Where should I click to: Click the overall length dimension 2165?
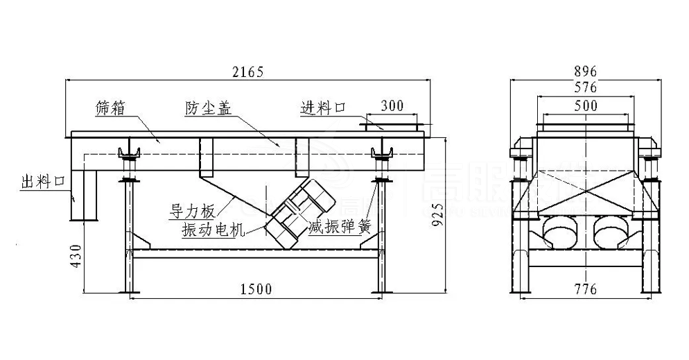248,71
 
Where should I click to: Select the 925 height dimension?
436,214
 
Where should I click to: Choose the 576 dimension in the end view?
586,88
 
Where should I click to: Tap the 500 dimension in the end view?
586,105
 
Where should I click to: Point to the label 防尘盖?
207,108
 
